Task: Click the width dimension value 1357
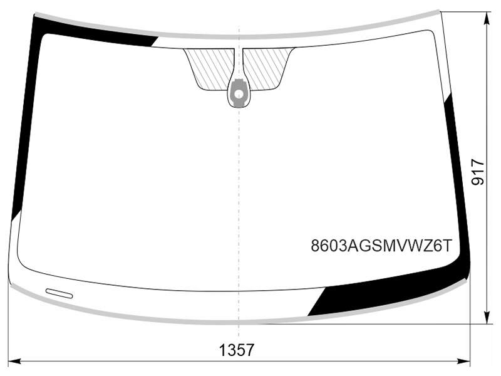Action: pyautogui.click(x=237, y=350)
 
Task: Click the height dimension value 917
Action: pyautogui.click(x=478, y=173)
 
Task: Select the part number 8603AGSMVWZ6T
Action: pyautogui.click(x=382, y=246)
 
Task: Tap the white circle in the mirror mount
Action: pyautogui.click(x=239, y=95)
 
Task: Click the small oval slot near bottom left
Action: pyautogui.click(x=59, y=293)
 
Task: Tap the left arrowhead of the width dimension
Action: pyautogui.click(x=13, y=362)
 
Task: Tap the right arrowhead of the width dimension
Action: pyautogui.click(x=464, y=362)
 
